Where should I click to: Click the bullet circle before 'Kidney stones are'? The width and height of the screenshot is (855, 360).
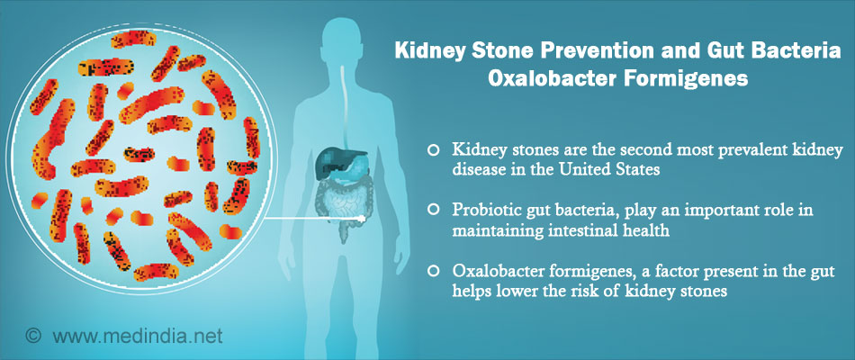click(x=434, y=151)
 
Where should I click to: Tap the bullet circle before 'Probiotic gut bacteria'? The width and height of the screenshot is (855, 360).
click(x=434, y=211)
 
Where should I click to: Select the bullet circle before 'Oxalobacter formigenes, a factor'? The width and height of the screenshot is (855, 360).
click(x=434, y=270)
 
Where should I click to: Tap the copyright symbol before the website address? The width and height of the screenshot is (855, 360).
click(x=34, y=336)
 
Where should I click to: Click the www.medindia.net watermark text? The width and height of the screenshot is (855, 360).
click(x=138, y=336)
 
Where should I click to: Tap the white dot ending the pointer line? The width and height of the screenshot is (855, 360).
click(x=361, y=219)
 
